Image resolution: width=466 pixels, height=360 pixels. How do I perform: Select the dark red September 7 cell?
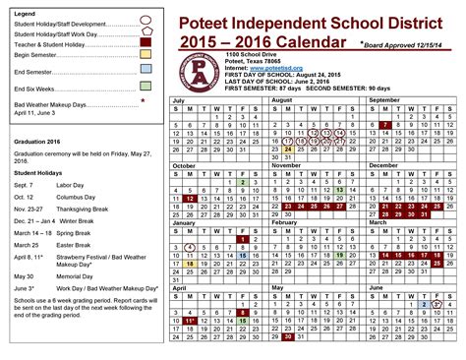coord(386,125)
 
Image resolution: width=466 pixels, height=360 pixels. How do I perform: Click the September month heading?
coord(383,100)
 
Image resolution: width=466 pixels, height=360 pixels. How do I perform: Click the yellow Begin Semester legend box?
coord(145,55)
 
